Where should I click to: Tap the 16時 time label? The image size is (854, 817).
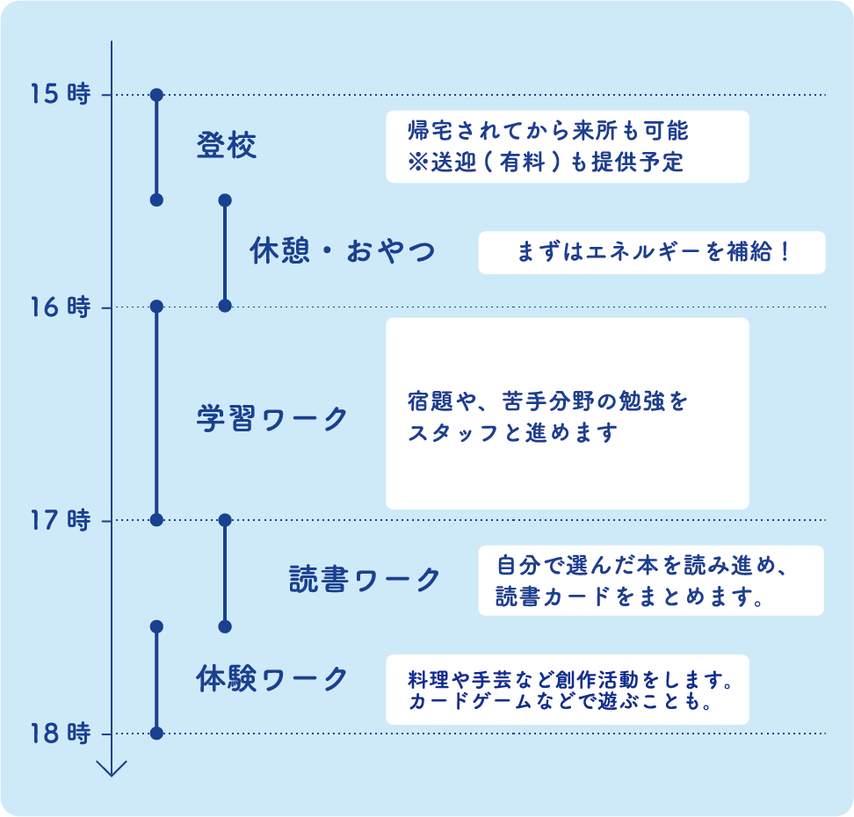click(x=60, y=307)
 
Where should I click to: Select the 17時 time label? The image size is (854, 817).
click(x=60, y=521)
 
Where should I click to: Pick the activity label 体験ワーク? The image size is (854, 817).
click(x=271, y=679)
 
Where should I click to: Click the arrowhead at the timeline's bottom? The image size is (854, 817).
click(x=112, y=768)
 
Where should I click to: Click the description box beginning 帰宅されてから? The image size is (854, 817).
click(x=567, y=146)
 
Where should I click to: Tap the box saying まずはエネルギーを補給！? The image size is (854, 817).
click(x=651, y=252)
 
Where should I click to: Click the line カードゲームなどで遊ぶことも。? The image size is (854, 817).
click(x=559, y=704)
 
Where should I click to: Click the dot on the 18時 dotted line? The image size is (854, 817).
click(x=156, y=734)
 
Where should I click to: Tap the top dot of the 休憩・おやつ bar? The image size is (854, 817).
click(x=224, y=200)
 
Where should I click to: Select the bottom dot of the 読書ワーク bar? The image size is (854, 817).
click(x=224, y=626)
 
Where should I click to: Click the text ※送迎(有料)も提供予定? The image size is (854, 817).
click(x=546, y=163)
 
